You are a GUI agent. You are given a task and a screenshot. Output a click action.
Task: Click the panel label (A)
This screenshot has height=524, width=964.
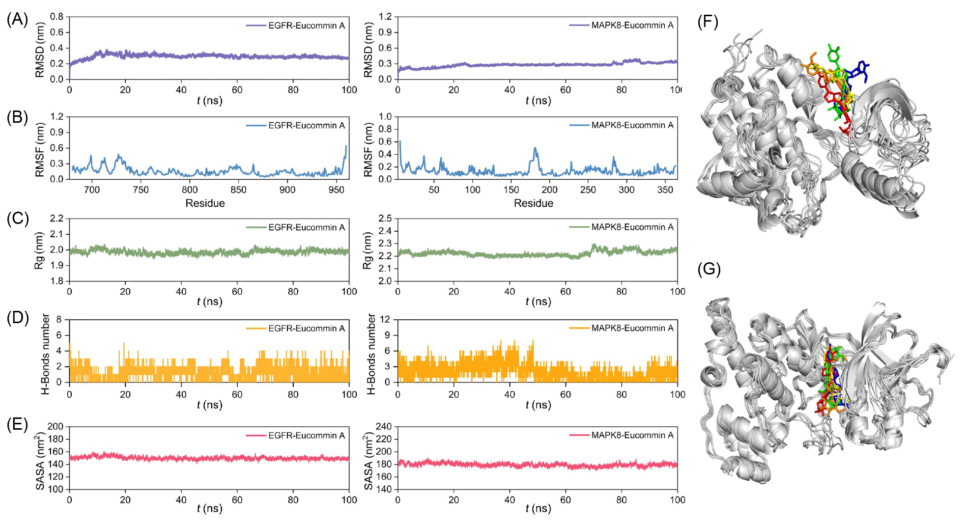[17, 19]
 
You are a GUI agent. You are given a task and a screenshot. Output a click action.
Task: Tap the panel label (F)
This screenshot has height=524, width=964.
[708, 22]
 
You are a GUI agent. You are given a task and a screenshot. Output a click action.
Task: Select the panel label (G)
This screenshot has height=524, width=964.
[709, 269]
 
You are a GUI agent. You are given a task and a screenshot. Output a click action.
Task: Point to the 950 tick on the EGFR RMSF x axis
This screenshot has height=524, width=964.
[336, 190]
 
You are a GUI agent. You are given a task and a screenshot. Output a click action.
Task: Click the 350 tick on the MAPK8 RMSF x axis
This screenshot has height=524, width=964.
[665, 190]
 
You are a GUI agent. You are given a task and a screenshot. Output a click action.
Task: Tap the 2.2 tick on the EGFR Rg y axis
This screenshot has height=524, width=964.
[57, 219]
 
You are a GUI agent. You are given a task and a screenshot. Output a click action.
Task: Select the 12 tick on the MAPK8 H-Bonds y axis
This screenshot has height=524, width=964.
[385, 319]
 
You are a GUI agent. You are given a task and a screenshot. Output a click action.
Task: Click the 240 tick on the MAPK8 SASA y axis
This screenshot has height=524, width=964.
[384, 427]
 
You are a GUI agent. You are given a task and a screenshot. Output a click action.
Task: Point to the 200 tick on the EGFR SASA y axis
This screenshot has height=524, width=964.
[56, 427]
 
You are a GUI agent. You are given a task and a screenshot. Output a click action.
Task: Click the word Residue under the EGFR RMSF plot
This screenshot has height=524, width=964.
[205, 203]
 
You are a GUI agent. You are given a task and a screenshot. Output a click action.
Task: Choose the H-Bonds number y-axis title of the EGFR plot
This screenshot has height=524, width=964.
[45, 354]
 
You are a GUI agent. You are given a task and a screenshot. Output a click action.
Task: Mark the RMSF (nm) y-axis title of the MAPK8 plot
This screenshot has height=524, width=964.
[368, 149]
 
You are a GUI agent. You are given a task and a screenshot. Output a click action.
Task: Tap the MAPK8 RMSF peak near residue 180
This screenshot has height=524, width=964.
[535, 148]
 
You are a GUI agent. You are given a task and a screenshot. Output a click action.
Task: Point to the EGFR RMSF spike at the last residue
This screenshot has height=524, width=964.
[346, 146]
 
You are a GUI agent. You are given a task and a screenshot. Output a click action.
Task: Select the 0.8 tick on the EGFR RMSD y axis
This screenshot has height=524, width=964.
[57, 17]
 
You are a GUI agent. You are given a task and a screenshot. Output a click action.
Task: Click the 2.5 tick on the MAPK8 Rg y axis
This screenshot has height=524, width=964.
[385, 219]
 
